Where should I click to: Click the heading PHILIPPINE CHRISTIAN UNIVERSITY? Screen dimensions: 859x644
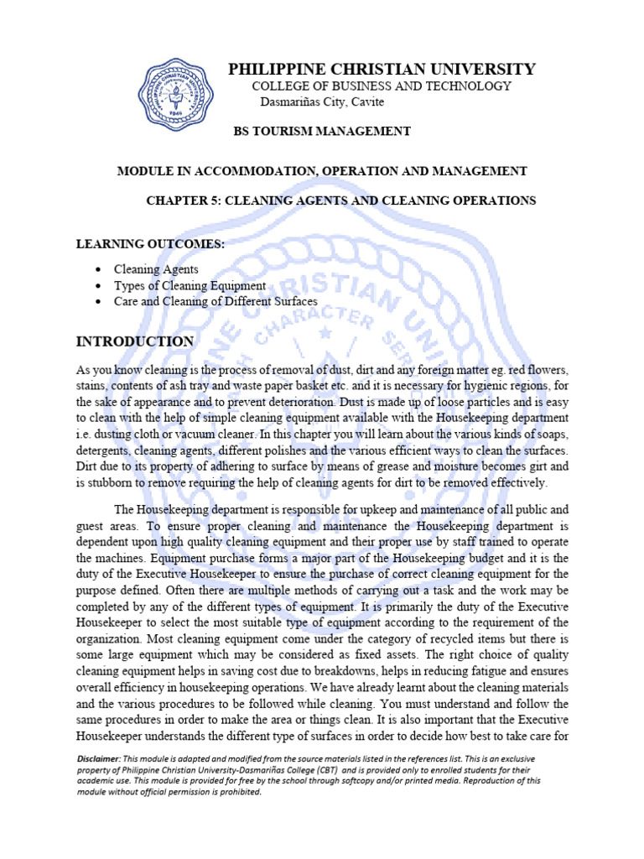pos(382,69)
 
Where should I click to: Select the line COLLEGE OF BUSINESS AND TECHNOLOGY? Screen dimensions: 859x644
pos(382,86)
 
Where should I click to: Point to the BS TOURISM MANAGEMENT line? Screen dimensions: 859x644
pos(321,131)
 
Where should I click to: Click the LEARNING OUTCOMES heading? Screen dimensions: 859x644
pos(151,243)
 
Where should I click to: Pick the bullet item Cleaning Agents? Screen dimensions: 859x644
pos(157,270)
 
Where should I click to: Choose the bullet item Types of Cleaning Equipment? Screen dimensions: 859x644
pos(190,286)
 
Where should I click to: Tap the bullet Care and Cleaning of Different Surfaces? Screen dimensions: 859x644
pos(216,301)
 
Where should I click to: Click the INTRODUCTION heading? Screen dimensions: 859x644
pos(135,341)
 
